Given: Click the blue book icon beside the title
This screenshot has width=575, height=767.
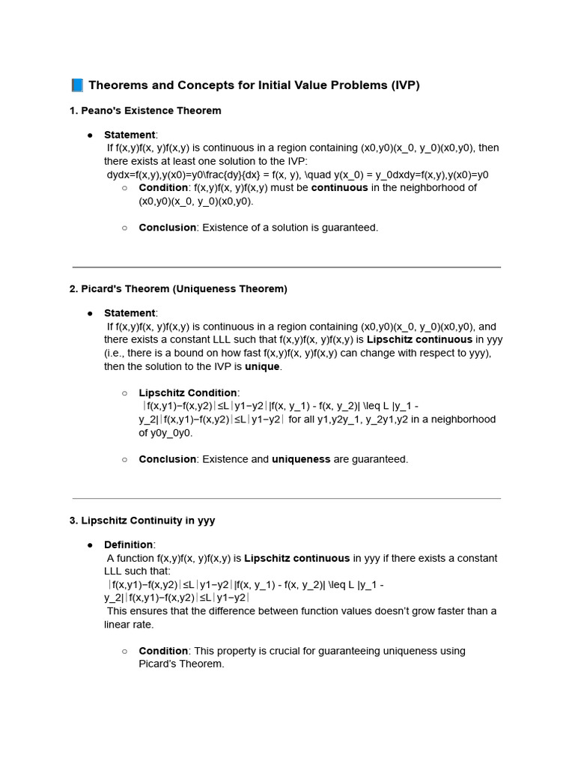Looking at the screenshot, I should point(77,85).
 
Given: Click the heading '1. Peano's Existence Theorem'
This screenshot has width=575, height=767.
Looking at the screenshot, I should point(145,111).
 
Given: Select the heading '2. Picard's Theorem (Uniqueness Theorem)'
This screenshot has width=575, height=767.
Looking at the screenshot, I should point(178,289).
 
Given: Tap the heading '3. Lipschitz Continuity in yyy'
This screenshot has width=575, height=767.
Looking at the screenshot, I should point(142,521).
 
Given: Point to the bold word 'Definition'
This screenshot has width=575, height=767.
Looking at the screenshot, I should point(129,545).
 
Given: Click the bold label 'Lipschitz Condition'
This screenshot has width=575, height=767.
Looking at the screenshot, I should point(188,392).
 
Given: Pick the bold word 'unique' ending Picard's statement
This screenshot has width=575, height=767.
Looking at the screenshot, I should point(262,366).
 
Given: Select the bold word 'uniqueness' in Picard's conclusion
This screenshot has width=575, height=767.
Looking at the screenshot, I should point(301,459).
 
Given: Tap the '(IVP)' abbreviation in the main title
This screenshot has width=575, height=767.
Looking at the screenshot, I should point(404,85).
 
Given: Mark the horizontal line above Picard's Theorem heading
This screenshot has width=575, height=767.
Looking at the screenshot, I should point(287,267).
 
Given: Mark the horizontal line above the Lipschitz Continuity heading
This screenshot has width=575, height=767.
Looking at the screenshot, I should point(287,498).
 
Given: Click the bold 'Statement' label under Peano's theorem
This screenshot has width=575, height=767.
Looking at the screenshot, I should point(130,135).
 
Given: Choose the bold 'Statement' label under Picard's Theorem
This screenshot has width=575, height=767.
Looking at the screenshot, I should point(130,313).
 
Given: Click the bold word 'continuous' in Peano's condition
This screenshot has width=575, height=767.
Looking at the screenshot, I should point(340,188).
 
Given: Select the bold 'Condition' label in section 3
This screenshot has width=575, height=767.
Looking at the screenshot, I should point(163,651).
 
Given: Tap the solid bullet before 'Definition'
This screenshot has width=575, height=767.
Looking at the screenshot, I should point(90,545).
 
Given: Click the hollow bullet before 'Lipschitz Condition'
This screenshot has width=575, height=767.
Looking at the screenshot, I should point(124,392).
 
